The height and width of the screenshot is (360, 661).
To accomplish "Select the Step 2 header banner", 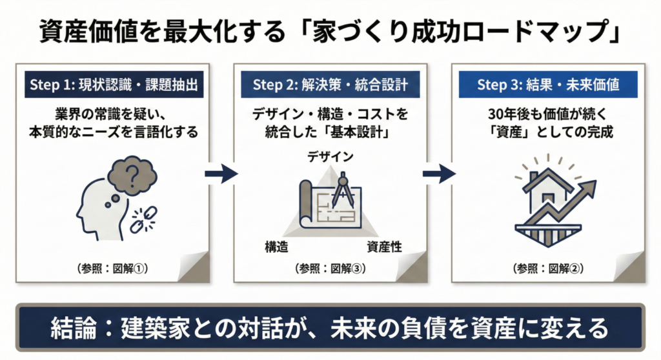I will point(330,85).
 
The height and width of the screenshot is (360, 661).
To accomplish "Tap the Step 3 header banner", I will point(547,85).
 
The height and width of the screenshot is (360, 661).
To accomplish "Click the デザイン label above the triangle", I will point(330,157).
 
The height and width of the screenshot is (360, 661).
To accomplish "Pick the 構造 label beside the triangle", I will point(276,246).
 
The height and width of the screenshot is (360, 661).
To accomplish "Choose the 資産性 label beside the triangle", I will point(384,246).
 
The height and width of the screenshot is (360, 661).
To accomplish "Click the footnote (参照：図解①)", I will point(112,268).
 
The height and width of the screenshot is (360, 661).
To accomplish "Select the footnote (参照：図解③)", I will point(330,268).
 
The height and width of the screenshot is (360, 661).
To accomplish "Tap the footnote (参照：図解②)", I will point(547,268).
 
